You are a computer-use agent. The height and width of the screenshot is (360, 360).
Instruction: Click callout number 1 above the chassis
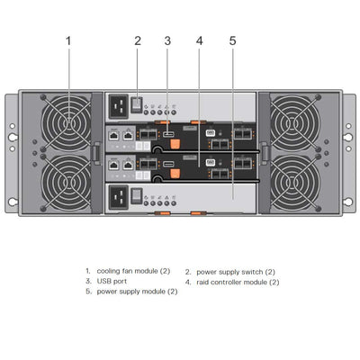69,40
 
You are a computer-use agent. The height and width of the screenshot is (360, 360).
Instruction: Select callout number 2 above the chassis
138,40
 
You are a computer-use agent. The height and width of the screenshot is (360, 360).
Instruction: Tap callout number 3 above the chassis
167,40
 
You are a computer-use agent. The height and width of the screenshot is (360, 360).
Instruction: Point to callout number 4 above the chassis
199,40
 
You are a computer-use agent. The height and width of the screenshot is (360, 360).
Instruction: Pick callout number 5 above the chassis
232,40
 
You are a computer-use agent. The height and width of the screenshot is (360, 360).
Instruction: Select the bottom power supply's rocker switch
138,195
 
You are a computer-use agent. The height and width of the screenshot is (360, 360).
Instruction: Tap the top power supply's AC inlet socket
119,106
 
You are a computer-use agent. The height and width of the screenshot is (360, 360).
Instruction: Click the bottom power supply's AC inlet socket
119,195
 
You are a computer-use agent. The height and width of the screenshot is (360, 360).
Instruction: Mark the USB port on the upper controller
167,135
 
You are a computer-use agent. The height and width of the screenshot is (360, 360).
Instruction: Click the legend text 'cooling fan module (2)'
129,271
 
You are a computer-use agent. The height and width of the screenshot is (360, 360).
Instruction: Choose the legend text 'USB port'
112,282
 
